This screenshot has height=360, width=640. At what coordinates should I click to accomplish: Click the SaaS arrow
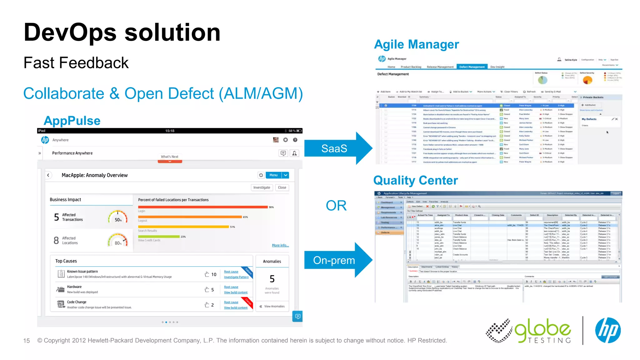(334, 148)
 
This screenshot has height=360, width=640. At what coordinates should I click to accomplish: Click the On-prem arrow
(334, 260)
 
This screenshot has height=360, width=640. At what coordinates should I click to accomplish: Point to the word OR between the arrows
(336, 206)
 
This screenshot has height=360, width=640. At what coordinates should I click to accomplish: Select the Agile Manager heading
(416, 44)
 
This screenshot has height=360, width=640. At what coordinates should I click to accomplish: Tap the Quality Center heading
(415, 180)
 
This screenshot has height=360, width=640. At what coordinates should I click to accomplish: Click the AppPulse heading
(72, 121)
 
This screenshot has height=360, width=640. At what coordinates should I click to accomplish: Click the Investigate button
(262, 187)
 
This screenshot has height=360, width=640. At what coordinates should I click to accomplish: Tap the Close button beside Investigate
(282, 187)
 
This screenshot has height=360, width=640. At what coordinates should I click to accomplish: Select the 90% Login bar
(203, 207)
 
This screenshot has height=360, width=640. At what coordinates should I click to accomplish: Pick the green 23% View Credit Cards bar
(159, 237)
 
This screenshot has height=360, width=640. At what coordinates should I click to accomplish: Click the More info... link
(280, 245)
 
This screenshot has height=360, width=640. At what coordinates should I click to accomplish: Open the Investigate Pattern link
(236, 277)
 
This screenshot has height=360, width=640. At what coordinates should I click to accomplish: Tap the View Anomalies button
(272, 306)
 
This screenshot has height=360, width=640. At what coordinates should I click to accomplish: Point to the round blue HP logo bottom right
(608, 330)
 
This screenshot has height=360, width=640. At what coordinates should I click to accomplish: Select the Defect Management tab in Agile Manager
(472, 67)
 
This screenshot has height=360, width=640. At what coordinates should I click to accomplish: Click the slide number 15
(27, 341)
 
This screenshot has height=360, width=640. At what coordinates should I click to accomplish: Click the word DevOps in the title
(70, 32)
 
